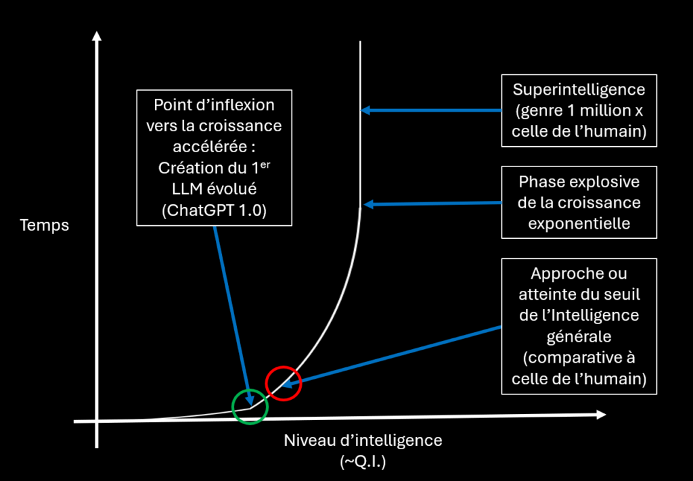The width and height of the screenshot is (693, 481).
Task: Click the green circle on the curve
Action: pos(250,405)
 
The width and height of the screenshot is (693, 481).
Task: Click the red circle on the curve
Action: pos(283,383)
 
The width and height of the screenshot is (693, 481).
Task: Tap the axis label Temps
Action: pos(45,225)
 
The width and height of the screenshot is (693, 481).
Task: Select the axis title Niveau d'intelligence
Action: pos(363,441)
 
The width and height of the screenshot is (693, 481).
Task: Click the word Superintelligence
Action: pos(579,89)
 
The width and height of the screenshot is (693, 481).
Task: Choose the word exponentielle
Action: pos(579,224)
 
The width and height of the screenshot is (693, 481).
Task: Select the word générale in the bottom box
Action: pos(579,336)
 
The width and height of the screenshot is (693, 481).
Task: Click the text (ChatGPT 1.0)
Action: pos(214,210)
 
